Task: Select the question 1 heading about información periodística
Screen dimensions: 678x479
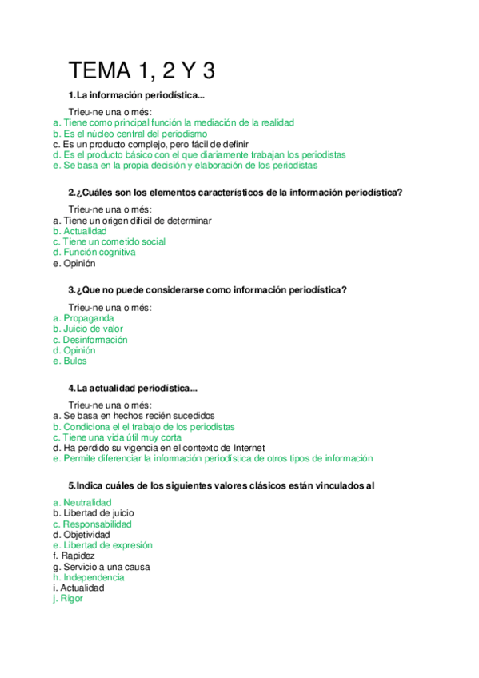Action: (137, 97)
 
